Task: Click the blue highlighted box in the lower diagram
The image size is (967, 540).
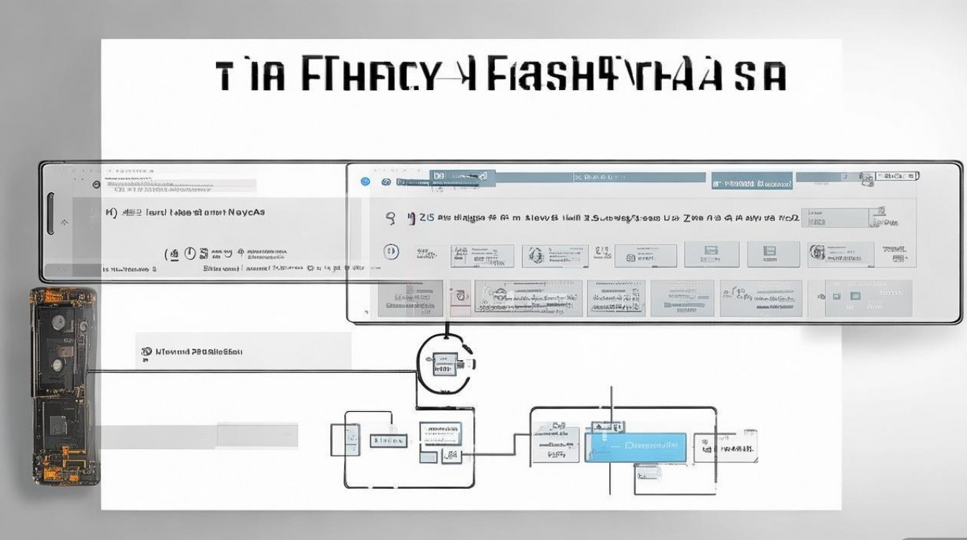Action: point(635,447)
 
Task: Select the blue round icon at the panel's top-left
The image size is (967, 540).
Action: point(366,181)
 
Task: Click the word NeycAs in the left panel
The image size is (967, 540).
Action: point(246,212)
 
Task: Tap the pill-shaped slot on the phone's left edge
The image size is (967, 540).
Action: point(50,214)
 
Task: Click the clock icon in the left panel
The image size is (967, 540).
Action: point(190,253)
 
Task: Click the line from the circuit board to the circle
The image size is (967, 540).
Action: point(252,372)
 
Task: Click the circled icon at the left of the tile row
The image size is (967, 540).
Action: point(391,252)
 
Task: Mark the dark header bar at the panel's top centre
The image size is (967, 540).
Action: point(461,176)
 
